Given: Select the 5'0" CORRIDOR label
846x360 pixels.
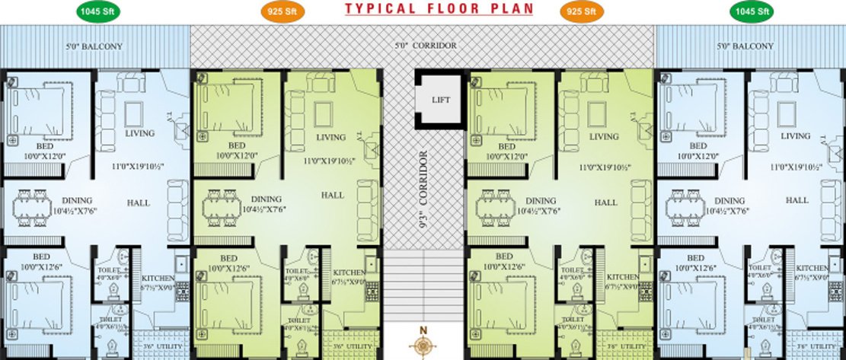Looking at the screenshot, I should (426, 46).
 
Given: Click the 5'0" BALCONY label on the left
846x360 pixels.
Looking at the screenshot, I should (96, 46).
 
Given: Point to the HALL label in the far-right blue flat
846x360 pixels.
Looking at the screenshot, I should (797, 200).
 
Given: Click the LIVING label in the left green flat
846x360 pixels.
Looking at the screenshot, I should (330, 137).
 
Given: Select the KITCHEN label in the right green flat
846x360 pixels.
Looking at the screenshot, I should (623, 277).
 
